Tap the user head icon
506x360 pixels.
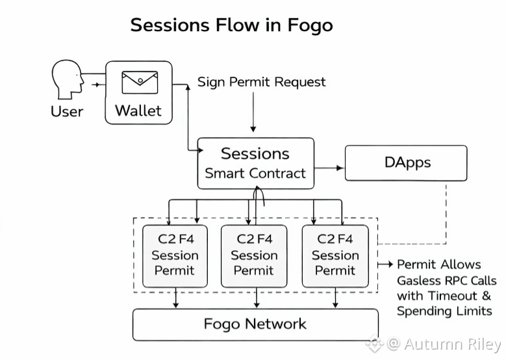coord(67,81)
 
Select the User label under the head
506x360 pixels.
coord(67,111)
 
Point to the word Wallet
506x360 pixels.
coord(138,110)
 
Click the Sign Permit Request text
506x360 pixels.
coord(262,82)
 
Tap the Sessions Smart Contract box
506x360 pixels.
coord(255,163)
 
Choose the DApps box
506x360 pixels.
coord(405,162)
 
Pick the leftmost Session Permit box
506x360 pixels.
coord(175,255)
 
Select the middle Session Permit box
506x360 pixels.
coord(254,255)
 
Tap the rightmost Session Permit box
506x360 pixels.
coord(335,255)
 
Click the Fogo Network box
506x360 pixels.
coord(255,324)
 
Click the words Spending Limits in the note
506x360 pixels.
coord(444,311)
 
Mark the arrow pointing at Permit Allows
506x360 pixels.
coord(386,264)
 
